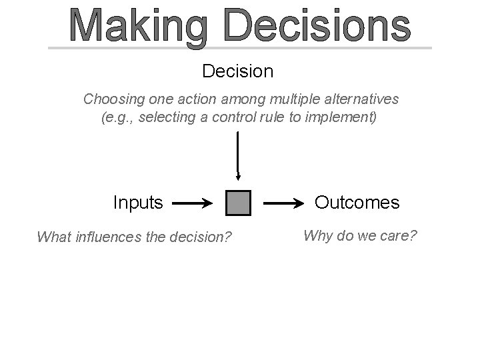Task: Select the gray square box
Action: pos(238,203)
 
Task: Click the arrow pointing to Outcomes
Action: pos(285,202)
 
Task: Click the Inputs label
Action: pos(138,202)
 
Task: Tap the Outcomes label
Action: pos(357,202)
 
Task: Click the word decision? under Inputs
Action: pos(199,237)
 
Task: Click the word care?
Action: pos(398,235)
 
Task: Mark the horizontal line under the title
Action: pos(240,48)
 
